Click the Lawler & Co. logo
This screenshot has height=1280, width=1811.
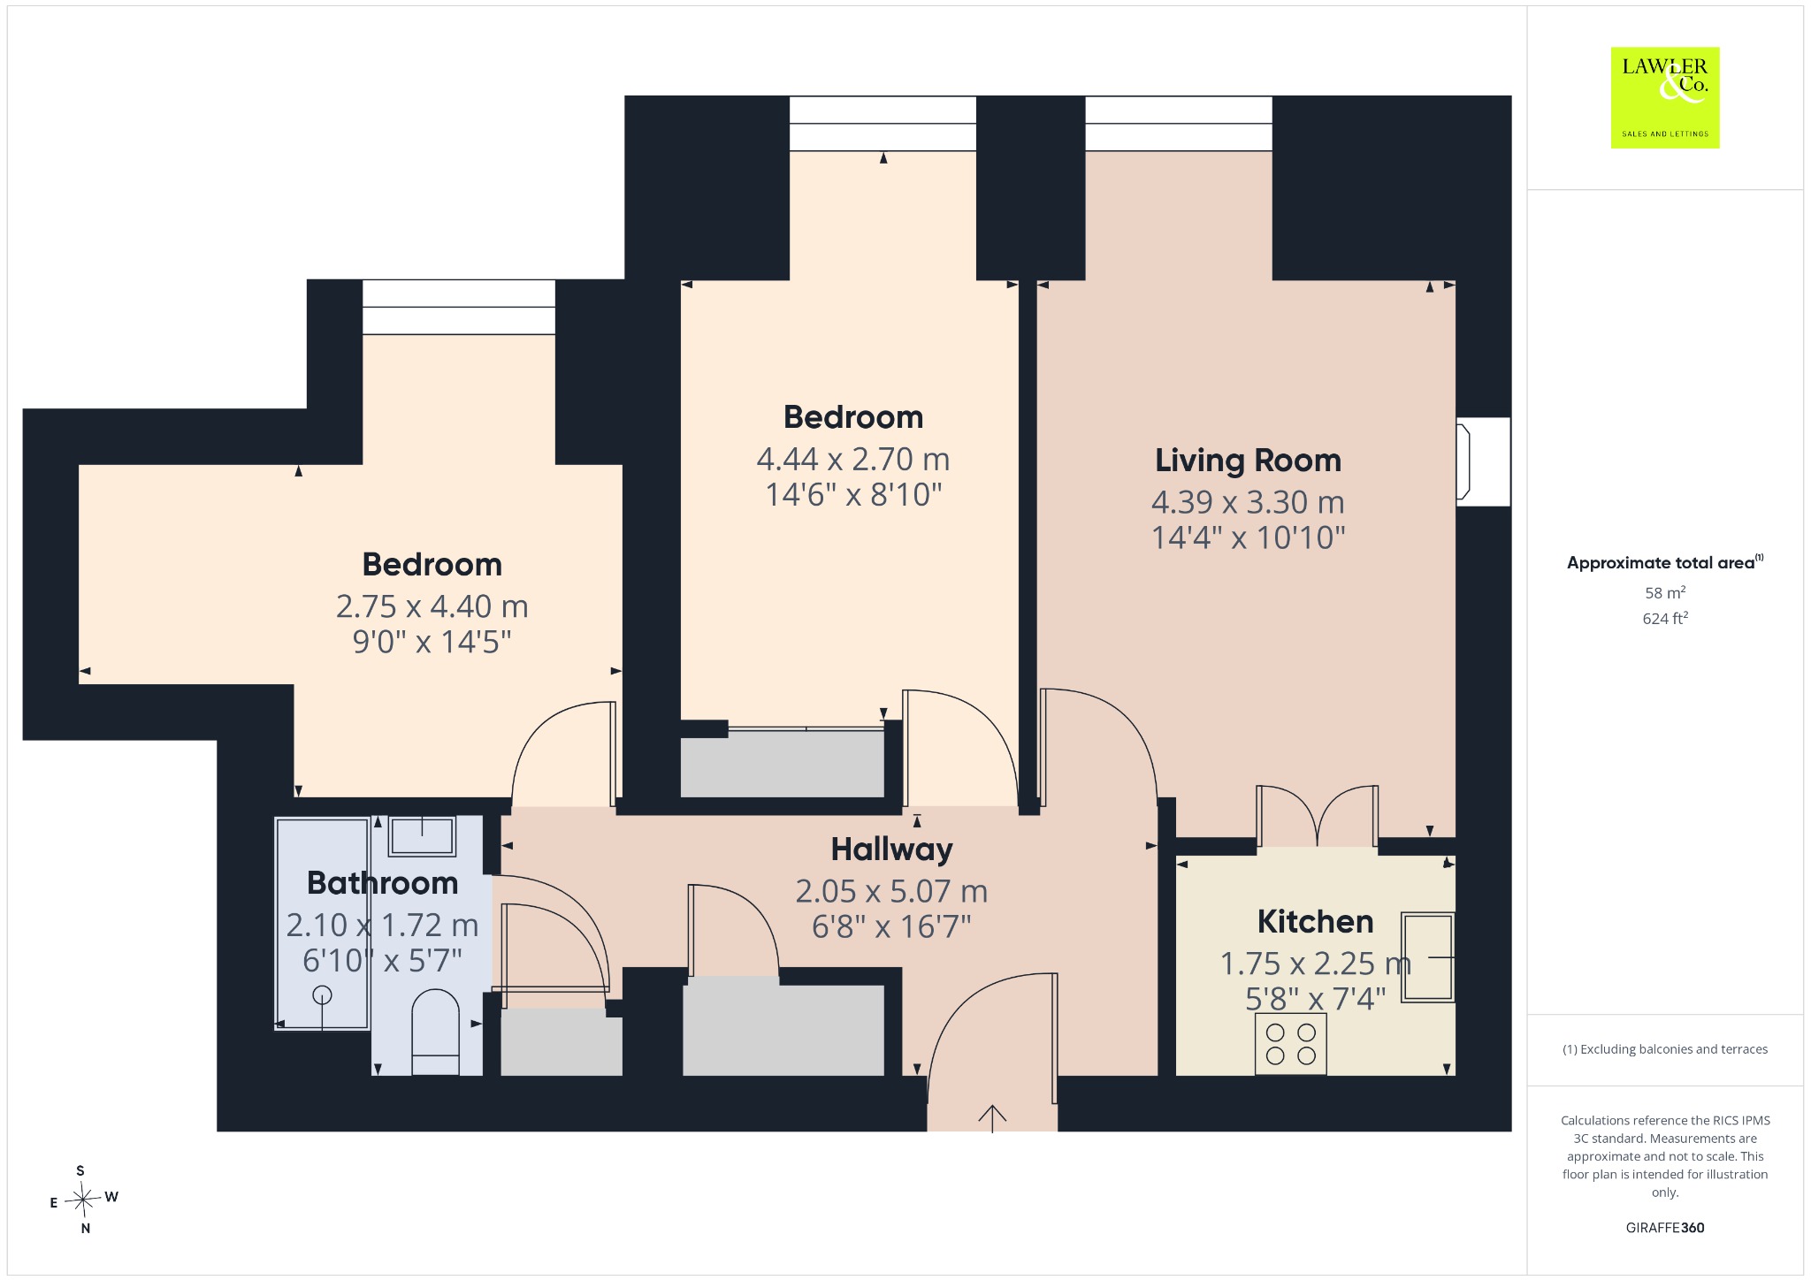tap(1665, 97)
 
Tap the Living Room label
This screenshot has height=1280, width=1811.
tap(1248, 461)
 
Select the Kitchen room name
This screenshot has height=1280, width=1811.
tap(1315, 922)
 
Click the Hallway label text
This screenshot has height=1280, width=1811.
tap(891, 850)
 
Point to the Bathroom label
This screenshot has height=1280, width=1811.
tap(382, 883)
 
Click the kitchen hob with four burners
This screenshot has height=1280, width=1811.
tap(1291, 1044)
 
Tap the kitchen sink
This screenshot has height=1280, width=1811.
tap(1427, 957)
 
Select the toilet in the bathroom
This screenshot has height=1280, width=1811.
tap(436, 1032)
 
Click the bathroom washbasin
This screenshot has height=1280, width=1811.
tap(422, 835)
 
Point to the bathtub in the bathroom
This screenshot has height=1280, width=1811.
tap(322, 924)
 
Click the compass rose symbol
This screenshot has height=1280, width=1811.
tap(83, 1200)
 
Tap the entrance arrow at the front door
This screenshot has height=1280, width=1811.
tap(992, 1118)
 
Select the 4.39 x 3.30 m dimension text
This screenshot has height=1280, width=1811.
tap(1248, 502)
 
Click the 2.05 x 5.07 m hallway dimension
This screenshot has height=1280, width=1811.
tap(891, 891)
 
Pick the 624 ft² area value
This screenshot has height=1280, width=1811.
tap(1665, 618)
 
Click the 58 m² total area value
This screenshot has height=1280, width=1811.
tap(1665, 592)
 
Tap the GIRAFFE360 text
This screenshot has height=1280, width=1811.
tap(1665, 1228)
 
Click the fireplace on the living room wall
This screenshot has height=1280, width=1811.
tap(1483, 461)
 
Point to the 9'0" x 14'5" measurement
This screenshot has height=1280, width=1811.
tap(432, 642)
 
